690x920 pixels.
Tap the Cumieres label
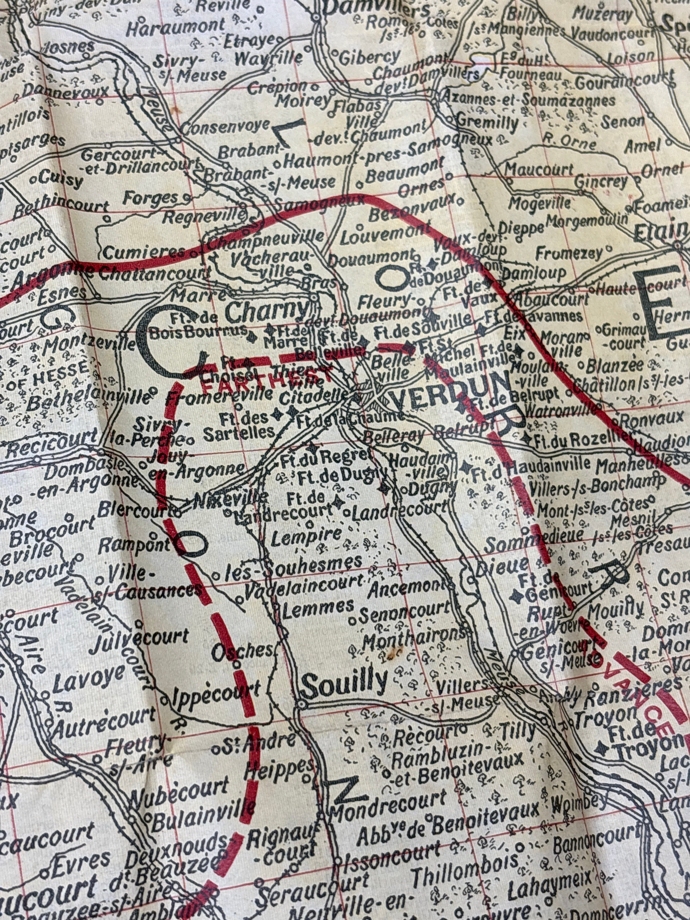coord(144,252)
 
